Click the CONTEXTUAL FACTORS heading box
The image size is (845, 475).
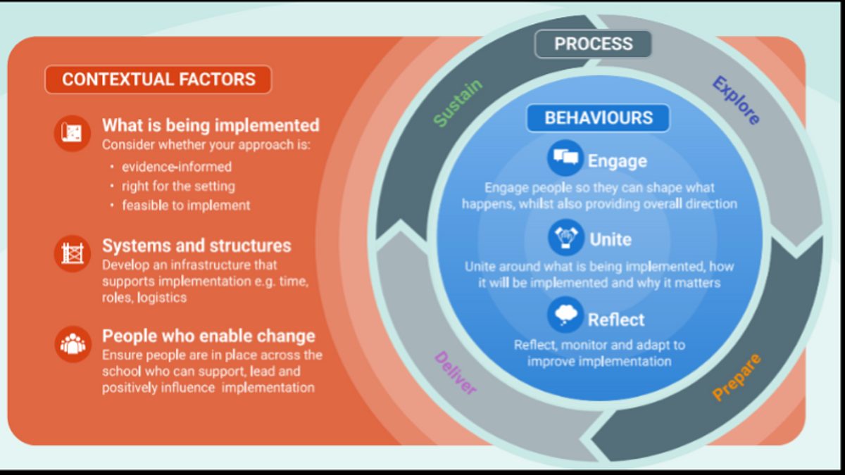[x=158, y=80]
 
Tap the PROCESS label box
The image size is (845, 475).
[x=593, y=44]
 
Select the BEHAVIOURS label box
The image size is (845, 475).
[x=598, y=118]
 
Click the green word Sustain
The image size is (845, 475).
[x=458, y=103]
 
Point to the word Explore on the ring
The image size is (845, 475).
[x=736, y=101]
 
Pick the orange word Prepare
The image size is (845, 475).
[x=737, y=376]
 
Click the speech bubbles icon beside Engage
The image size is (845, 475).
[x=565, y=158]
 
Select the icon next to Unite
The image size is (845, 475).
[x=565, y=237]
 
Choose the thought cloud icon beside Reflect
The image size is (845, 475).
[x=565, y=315]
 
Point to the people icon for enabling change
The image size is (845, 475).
[x=72, y=343]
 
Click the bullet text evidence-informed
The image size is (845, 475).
[x=177, y=167]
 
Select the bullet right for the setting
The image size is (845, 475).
[x=178, y=186]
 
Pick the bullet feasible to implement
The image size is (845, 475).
[x=186, y=206]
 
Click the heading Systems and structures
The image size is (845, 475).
[x=196, y=246]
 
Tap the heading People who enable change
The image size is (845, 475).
[x=208, y=335]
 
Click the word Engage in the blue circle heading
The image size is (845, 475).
[x=618, y=161]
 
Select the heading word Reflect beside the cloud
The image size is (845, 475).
[x=616, y=319]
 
